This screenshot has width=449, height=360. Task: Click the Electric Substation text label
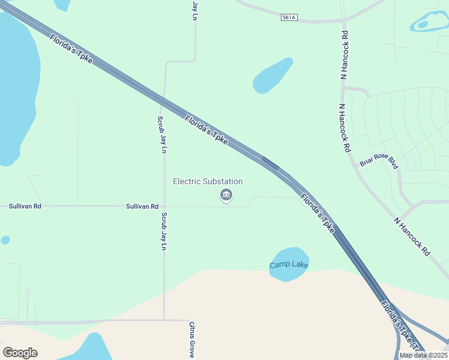pos(208,181)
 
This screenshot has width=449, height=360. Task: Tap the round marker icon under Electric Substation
pos(226,194)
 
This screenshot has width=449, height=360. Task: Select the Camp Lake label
pos(289,265)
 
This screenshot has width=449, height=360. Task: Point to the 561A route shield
pos(289,17)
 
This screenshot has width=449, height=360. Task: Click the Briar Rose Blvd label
pos(379,161)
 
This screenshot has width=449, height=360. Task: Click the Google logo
pos(20,352)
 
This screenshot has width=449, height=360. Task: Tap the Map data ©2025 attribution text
pos(423,355)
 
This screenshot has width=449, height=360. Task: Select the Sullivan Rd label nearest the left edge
pos(25,206)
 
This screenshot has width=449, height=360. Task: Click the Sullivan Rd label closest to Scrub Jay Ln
pos(142,206)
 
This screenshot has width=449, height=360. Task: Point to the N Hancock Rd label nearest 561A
pos(345,55)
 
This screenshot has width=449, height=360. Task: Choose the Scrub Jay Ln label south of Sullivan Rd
pos(164,231)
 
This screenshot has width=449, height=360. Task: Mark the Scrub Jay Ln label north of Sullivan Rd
pos(161,135)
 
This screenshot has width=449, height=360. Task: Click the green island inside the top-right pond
pos(423,25)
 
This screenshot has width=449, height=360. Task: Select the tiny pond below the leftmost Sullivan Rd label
pos(5,240)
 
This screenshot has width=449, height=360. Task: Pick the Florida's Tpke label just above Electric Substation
pos(206,130)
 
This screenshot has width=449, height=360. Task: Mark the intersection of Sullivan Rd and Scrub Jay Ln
pos(164,206)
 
